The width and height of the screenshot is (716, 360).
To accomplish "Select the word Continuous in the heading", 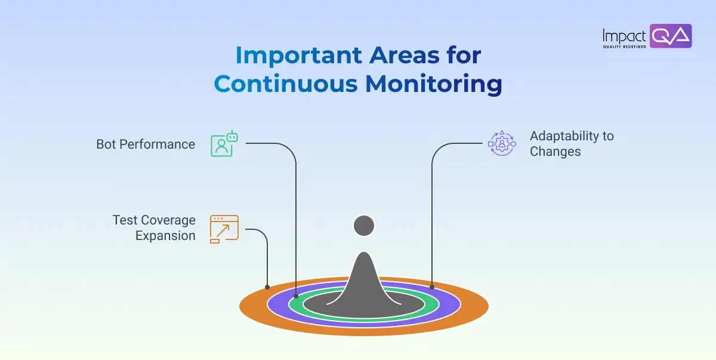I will (285, 84).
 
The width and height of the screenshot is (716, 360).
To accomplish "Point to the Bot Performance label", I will (146, 144).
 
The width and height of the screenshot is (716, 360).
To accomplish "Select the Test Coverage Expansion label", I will (154, 228).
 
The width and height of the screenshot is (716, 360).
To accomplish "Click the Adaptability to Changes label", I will (571, 144).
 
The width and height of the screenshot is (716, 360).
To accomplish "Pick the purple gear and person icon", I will (501, 143).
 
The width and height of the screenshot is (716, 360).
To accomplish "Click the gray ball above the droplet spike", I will (364, 226).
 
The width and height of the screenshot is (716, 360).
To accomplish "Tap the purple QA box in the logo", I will (670, 36).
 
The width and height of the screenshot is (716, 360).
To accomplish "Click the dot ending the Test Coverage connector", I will (267, 287).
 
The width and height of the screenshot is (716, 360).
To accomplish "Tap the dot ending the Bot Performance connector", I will (296, 296).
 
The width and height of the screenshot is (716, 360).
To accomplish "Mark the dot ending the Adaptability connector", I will (432, 287).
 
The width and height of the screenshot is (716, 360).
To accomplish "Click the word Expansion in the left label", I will (165, 236).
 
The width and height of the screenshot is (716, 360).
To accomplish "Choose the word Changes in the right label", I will (555, 152).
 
